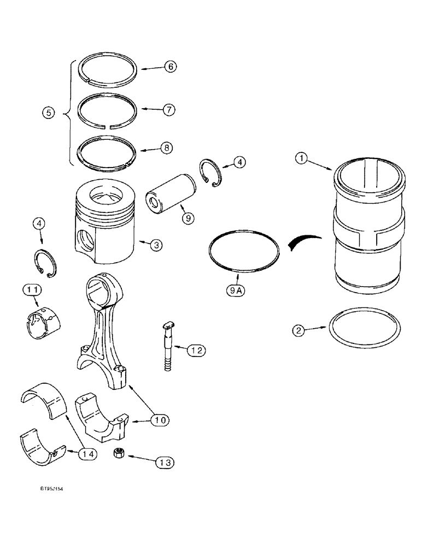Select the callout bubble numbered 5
(48, 114)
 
